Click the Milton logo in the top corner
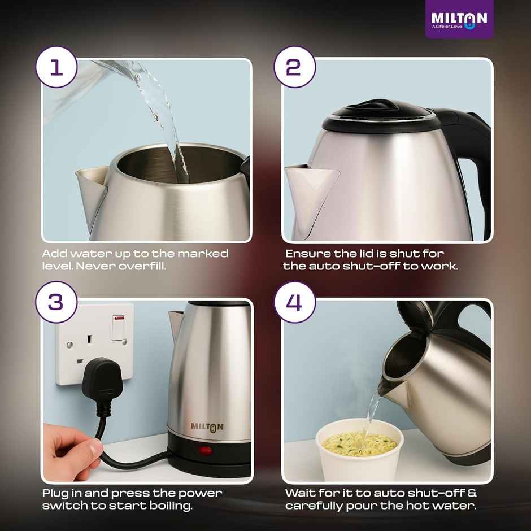point(459,19)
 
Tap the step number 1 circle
point(56,68)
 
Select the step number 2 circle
point(294,68)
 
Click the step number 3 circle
point(56,302)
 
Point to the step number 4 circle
point(294,302)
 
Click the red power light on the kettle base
point(205,451)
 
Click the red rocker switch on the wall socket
point(119,328)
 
